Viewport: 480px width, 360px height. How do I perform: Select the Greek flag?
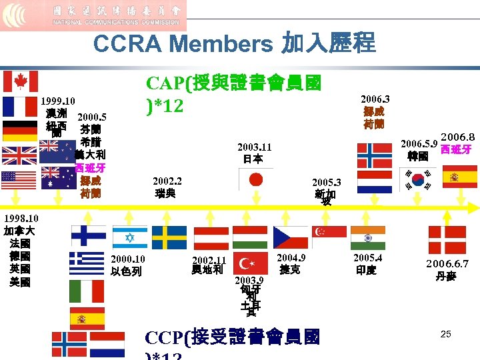coord(87,263)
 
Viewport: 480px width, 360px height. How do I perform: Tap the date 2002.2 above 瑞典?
coord(167,181)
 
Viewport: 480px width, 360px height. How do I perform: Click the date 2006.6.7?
coord(447,263)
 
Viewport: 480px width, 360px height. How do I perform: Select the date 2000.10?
coord(128,259)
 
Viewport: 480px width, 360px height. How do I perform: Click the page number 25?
coord(446,333)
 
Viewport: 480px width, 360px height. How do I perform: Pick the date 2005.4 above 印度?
coord(367,258)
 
